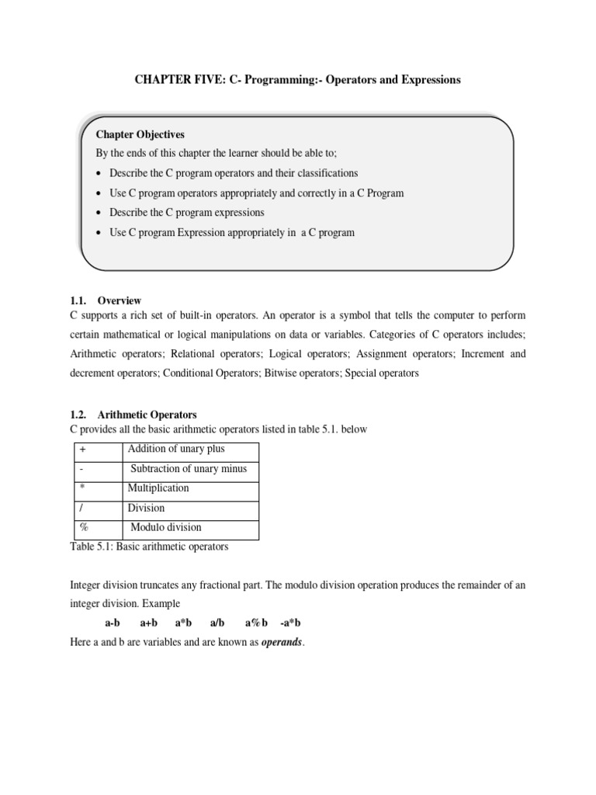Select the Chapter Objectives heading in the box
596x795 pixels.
click(140, 134)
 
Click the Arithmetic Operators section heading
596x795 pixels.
click(147, 415)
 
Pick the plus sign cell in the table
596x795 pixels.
click(81, 450)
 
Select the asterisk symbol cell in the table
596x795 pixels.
click(81, 488)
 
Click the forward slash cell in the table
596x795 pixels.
click(81, 508)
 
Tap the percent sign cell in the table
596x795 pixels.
click(83, 527)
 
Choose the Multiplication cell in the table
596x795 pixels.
click(158, 488)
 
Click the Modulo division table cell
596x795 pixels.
click(166, 527)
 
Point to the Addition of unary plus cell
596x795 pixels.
click(177, 450)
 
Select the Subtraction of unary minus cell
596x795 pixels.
click(189, 469)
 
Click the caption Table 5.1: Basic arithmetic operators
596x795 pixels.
click(149, 547)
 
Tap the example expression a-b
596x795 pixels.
click(112, 623)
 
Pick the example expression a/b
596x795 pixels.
click(217, 623)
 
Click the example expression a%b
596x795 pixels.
click(256, 623)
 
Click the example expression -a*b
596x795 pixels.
click(290, 623)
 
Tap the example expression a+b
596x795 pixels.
click(148, 623)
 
